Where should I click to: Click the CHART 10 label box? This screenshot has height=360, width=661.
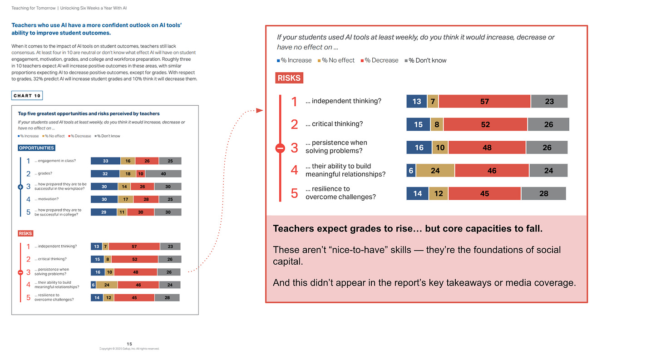click(x=27, y=96)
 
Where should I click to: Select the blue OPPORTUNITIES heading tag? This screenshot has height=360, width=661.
click(x=36, y=148)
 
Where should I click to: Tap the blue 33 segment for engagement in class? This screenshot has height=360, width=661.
click(x=105, y=161)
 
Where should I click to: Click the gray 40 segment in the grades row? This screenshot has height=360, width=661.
click(x=163, y=174)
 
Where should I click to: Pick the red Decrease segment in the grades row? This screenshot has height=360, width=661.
click(x=141, y=174)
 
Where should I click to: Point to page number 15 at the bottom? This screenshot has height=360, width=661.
click(x=129, y=344)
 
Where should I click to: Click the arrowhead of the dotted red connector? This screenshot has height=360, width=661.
click(x=260, y=110)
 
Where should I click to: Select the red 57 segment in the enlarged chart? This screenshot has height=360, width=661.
click(x=484, y=101)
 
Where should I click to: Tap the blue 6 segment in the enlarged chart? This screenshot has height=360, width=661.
click(x=411, y=171)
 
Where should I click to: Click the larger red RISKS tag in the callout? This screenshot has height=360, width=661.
click(x=289, y=78)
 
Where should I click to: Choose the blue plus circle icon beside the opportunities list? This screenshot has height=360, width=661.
click(x=20, y=187)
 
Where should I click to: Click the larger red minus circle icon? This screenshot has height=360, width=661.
click(x=281, y=148)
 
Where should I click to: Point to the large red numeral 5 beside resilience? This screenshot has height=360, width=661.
click(x=294, y=193)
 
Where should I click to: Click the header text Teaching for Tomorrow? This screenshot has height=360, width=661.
click(x=34, y=8)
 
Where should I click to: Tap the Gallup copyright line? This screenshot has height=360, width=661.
click(x=129, y=349)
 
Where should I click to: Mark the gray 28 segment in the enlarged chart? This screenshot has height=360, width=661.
click(x=543, y=193)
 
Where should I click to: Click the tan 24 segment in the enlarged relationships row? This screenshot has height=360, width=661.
click(x=435, y=171)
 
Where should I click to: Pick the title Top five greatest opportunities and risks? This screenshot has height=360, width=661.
click(x=89, y=113)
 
